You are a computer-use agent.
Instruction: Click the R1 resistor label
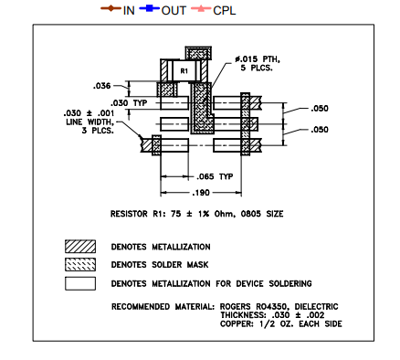pos(183,69)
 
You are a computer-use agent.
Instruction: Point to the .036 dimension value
pos(102,86)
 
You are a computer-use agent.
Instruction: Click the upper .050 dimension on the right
pos(320,108)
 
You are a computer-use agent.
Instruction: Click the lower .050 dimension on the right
pos(320,130)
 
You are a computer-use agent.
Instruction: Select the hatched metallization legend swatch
pos(79,247)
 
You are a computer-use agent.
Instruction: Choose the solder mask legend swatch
pos(79,265)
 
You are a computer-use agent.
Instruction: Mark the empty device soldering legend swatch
pos(79,282)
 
